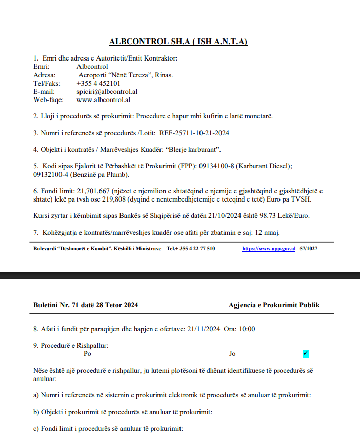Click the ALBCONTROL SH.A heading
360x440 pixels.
tap(178, 42)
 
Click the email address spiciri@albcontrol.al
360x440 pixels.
tap(107, 91)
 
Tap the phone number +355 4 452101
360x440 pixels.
tap(98, 83)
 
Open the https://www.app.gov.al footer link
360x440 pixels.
tap(269, 249)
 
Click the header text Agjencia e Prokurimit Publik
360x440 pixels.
tap(274, 305)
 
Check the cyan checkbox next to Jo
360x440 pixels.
tap(306, 353)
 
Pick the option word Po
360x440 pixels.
tap(87, 353)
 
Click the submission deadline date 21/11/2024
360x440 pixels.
tap(204, 329)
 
